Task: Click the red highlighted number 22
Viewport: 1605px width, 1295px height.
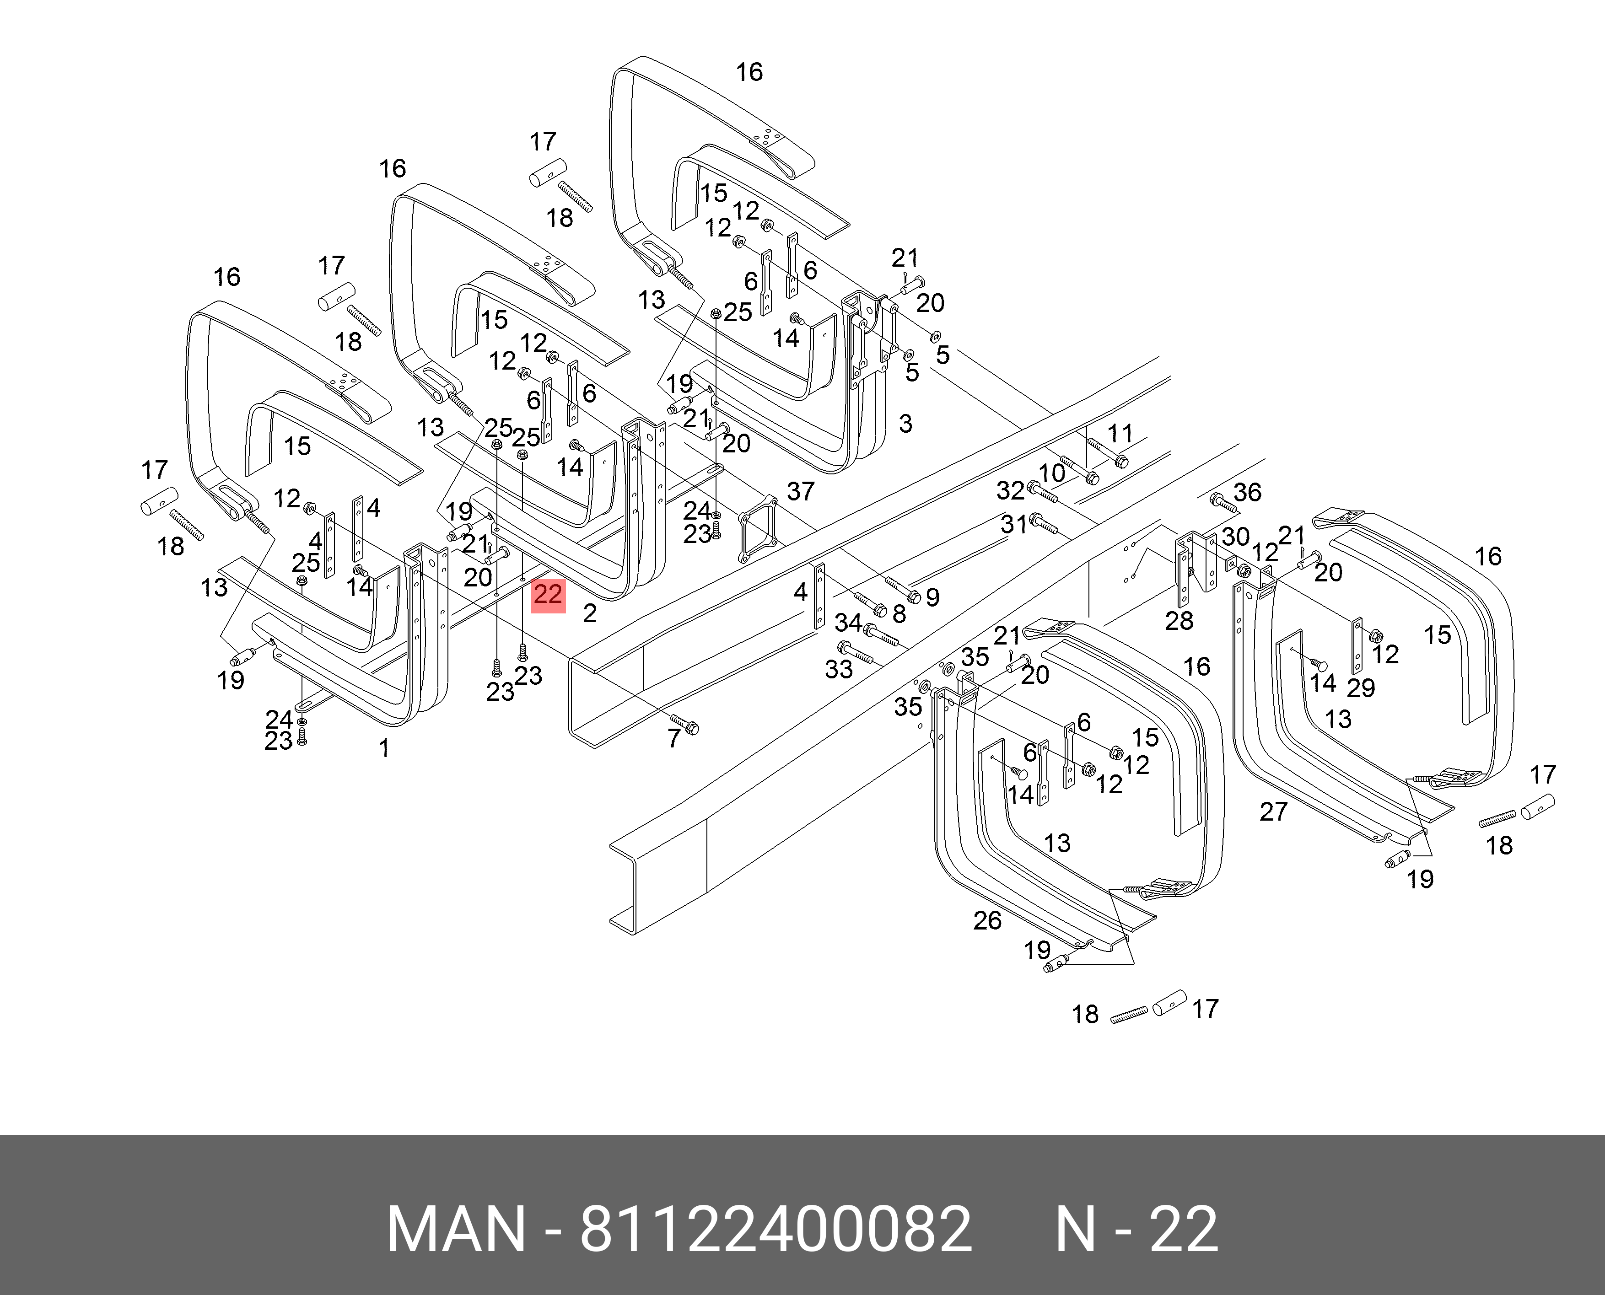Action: [548, 595]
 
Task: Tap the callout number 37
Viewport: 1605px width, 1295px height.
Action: [801, 491]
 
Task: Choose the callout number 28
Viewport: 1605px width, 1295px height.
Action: [1179, 620]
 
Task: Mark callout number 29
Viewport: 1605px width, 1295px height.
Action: [1360, 687]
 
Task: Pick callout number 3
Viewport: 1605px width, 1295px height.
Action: [905, 424]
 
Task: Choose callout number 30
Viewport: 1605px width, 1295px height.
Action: [1236, 537]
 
